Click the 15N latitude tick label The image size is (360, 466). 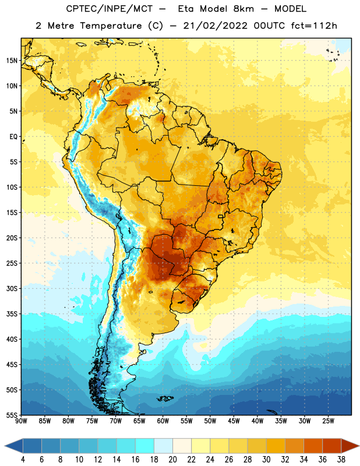pos(12,61)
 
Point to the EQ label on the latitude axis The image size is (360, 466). pos(13,137)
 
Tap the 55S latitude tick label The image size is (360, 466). pos(12,415)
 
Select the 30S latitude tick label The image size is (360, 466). pos(12,288)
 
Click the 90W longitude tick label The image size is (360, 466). pos(21,421)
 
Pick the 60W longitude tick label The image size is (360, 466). pos(163,421)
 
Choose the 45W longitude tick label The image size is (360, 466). pos(234,421)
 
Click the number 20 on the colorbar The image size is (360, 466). pos(172,460)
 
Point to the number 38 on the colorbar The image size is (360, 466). pos(341,460)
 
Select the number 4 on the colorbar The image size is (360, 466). pos(23,460)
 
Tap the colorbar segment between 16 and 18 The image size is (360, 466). pos(145,446)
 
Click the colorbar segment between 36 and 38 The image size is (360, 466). pos(332,446)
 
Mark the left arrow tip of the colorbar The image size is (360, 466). pos(5,446)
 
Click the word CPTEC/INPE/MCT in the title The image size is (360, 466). pos(110,9)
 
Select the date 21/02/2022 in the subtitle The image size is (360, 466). pos(215,26)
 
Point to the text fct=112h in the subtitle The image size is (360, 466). pos(314,26)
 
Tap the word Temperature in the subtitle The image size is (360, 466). pos(111,26)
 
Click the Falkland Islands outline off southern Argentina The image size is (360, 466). pos(164,398)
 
